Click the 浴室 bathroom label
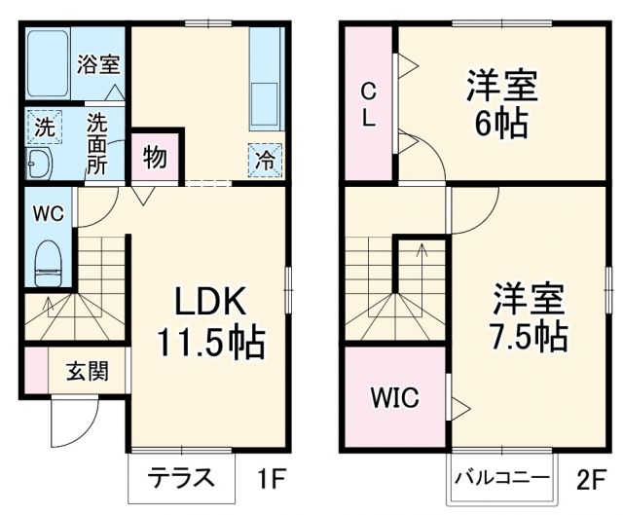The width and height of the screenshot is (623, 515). (x=99, y=65)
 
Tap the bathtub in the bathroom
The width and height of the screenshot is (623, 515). (x=48, y=64)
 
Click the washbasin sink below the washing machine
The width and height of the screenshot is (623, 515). (x=41, y=164)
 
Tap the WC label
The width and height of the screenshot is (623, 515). (x=49, y=213)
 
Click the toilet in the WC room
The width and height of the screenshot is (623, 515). (x=49, y=261)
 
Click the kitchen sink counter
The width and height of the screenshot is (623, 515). (x=265, y=83)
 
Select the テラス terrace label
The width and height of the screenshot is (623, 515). (x=181, y=478)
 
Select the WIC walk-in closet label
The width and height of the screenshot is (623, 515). (x=393, y=398)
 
